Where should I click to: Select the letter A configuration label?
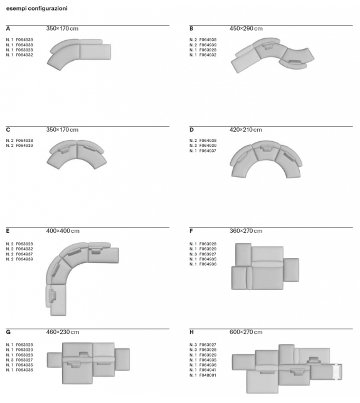point(8,29)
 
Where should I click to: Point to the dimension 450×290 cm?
point(246,29)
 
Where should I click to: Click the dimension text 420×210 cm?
point(246,129)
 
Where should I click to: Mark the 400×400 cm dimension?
point(63,231)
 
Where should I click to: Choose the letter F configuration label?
point(191,231)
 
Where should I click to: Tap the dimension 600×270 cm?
point(246,331)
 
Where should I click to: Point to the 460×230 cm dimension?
point(63,331)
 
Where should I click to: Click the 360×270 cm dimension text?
point(246,231)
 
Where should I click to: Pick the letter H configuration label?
point(192,331)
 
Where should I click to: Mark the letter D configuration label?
point(192,129)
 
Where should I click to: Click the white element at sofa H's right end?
point(337,372)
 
